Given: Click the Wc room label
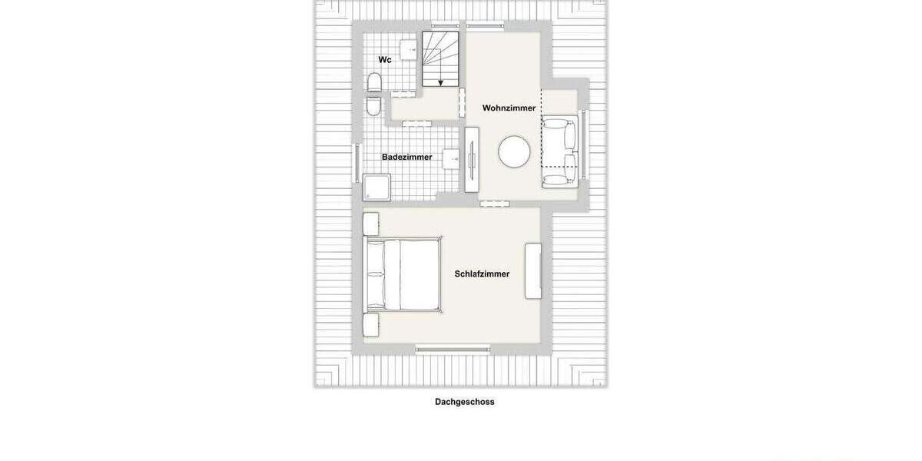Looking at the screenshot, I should [385, 59].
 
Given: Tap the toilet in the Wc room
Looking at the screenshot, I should [374, 81].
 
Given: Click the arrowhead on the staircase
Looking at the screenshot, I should [440, 82].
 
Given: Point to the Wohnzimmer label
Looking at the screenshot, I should [509, 108].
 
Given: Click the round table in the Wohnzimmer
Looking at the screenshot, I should [514, 151].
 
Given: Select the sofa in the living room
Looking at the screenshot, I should [561, 152].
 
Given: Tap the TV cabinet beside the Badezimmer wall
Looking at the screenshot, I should [471, 159].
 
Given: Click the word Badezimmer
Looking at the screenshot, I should [406, 158].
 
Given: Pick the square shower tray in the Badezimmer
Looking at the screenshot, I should [376, 187].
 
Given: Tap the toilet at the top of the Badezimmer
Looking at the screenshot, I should [373, 105].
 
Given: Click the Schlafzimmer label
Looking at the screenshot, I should [482, 274].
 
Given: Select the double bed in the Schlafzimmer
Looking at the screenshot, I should [403, 274].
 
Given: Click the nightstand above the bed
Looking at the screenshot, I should [370, 224].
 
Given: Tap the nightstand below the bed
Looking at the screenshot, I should [370, 325].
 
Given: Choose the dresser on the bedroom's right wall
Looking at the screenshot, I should [532, 270].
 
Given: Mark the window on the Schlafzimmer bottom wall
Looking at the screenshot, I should [453, 349].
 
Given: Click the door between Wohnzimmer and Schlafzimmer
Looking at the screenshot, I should [494, 204].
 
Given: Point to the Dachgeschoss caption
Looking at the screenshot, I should [464, 402].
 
